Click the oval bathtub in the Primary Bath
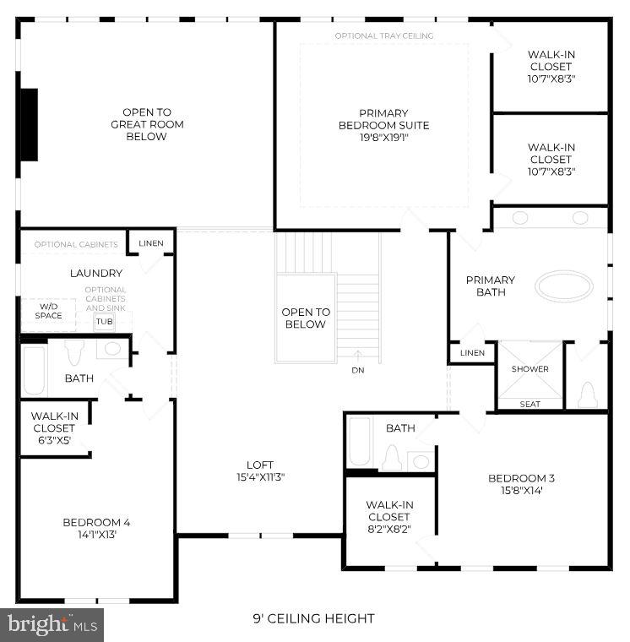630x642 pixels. (x=564, y=286)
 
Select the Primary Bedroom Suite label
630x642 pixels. (x=383, y=125)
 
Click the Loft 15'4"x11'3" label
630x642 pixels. (x=259, y=471)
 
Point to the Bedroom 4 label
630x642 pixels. (x=96, y=528)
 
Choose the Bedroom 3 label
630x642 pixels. (x=521, y=484)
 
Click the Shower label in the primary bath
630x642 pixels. (x=530, y=369)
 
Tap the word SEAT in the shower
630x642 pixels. (x=530, y=405)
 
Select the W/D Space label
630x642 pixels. (x=49, y=311)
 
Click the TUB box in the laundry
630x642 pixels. (x=104, y=322)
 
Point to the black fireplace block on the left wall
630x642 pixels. (x=29, y=124)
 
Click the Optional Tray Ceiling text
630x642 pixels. (x=384, y=36)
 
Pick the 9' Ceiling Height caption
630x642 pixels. (x=313, y=619)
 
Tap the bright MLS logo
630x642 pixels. (x=52, y=625)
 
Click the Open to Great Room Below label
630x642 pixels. (x=147, y=124)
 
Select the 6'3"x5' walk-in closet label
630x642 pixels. (x=54, y=428)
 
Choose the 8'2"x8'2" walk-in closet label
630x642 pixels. (x=388, y=517)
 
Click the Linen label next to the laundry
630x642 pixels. (x=151, y=243)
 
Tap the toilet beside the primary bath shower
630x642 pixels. (x=589, y=393)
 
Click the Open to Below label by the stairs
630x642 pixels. (x=305, y=318)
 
